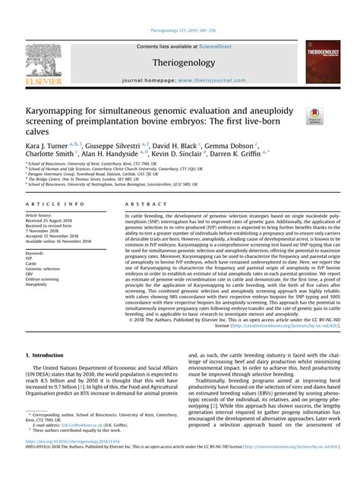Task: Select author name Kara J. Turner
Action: (47, 142)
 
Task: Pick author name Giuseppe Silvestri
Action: (109, 142)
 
